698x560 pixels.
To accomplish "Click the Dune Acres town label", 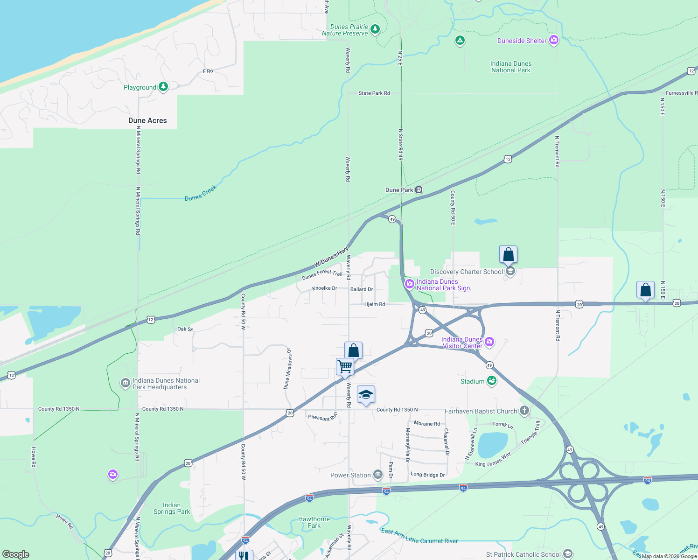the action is pos(147,120).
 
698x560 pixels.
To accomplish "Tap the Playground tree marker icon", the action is pos(163,87).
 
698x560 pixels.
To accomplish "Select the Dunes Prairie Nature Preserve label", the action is pos(345,30).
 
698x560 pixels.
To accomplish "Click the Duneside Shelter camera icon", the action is pos(554,40).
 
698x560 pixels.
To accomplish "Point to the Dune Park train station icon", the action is pos(419,190).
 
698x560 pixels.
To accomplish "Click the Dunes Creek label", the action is pos(201,193).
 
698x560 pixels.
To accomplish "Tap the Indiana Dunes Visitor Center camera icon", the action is pos(489,342).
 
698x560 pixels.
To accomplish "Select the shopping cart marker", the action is pos(345,366).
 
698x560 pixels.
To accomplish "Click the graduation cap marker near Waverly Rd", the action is pos(366,395).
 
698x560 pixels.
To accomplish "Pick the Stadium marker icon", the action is pos(491,381).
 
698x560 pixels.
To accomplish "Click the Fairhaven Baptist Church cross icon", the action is pos(524,411).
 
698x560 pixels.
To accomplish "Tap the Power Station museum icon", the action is pos(378,475).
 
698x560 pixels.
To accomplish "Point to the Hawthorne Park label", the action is pos(314,522).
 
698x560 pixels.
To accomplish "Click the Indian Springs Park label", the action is pos(172,508).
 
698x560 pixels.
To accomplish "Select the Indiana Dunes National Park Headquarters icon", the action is pos(125,383).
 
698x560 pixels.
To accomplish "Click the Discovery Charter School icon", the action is pos(510,272).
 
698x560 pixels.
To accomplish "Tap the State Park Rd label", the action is pos(374,93).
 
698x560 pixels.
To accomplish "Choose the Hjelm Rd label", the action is pos(375,304).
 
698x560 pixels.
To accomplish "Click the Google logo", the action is pos(16,554).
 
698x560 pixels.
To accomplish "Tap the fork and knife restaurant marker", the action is pos(244,555).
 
